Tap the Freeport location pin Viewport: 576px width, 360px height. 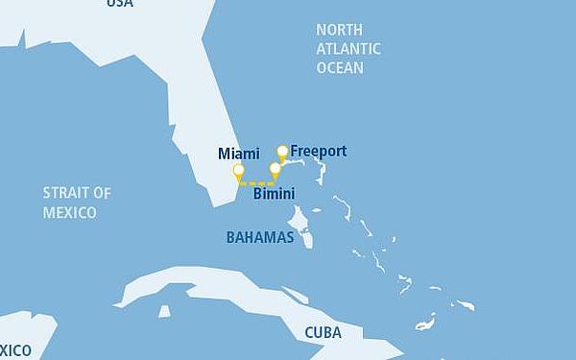point(282,152)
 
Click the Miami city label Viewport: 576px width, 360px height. point(239,154)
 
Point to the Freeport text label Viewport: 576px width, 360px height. point(319,152)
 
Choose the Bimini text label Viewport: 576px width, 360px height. point(274,194)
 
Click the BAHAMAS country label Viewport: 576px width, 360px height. point(259,237)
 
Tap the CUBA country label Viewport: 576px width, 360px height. point(323,333)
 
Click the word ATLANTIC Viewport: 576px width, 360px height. point(348,49)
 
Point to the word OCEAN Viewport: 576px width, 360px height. point(340,68)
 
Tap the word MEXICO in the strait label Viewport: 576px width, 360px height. point(69,212)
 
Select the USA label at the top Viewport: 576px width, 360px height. point(120,4)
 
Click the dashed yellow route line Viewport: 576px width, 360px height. point(257,182)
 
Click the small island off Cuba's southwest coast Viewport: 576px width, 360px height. point(164,311)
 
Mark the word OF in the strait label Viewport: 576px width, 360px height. point(102,193)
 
